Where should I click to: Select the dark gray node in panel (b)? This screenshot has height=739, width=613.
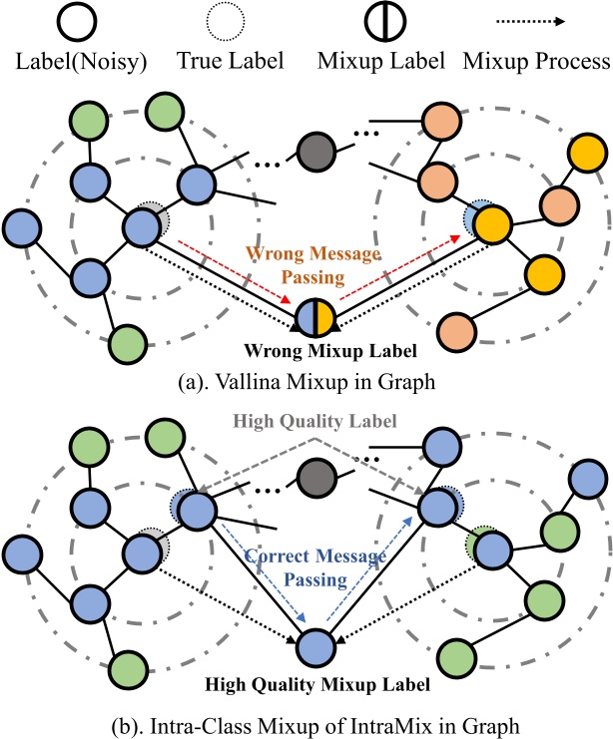pos(316,474)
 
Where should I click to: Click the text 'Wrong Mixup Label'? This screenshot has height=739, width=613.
pos(315,350)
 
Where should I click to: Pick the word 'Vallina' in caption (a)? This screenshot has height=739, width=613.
pos(244,379)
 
